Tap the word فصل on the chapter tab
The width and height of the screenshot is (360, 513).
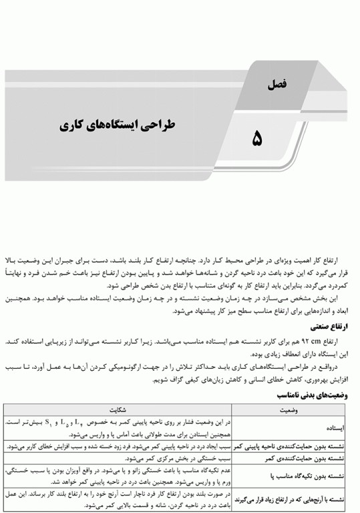(275, 85)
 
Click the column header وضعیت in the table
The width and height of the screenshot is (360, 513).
(291, 409)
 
